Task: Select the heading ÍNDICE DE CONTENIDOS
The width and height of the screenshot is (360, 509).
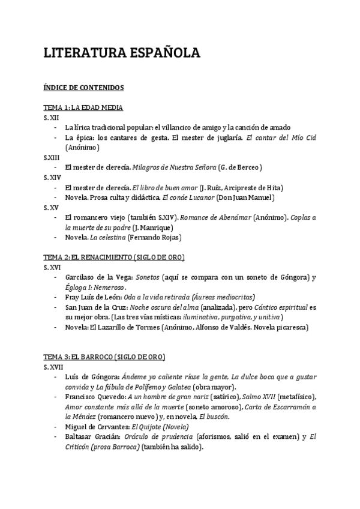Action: click(x=83, y=88)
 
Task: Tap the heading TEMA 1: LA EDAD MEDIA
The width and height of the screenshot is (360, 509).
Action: click(x=83, y=107)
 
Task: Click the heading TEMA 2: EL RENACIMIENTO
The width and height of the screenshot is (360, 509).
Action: click(x=114, y=257)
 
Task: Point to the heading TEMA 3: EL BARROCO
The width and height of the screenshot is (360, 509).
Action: click(x=104, y=357)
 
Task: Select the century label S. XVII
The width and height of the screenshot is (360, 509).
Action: click(x=53, y=366)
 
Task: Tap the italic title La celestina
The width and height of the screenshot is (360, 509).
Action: click(x=108, y=237)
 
